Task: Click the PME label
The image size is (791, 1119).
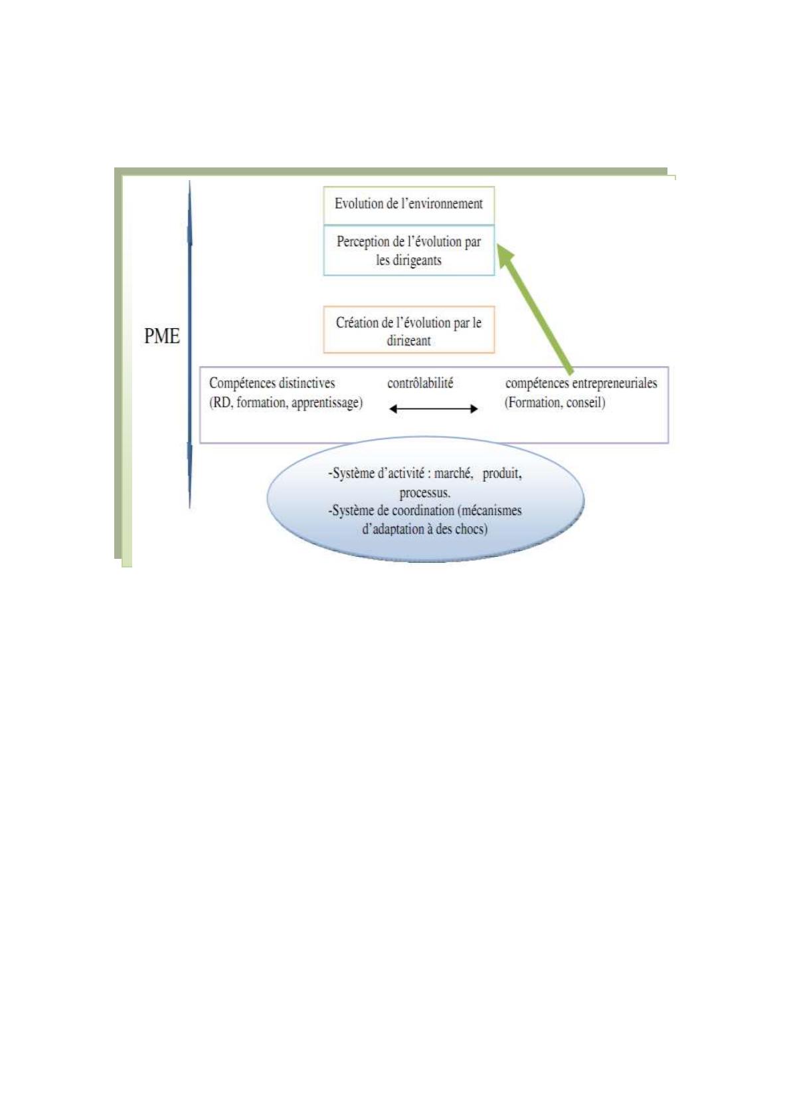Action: (x=162, y=336)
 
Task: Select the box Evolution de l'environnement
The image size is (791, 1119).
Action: (x=408, y=205)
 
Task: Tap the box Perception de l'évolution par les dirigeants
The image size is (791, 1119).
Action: (x=408, y=251)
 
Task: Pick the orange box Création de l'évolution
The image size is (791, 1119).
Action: (x=408, y=330)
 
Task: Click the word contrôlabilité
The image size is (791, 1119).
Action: (x=420, y=383)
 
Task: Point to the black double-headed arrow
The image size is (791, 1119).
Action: (x=433, y=409)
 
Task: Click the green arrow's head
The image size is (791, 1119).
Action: (x=507, y=253)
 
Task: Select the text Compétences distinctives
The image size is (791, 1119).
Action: (x=272, y=383)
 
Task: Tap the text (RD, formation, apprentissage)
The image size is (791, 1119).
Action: (x=286, y=403)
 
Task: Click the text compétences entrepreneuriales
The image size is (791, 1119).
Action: (x=581, y=383)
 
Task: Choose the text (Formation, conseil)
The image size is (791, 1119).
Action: (x=555, y=403)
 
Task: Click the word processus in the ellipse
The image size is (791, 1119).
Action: (x=424, y=493)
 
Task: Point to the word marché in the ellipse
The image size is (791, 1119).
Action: (x=453, y=474)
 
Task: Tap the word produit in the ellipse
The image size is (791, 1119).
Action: (x=502, y=474)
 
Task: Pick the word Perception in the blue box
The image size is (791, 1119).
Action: (x=363, y=242)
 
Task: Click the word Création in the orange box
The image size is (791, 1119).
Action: (x=356, y=323)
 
